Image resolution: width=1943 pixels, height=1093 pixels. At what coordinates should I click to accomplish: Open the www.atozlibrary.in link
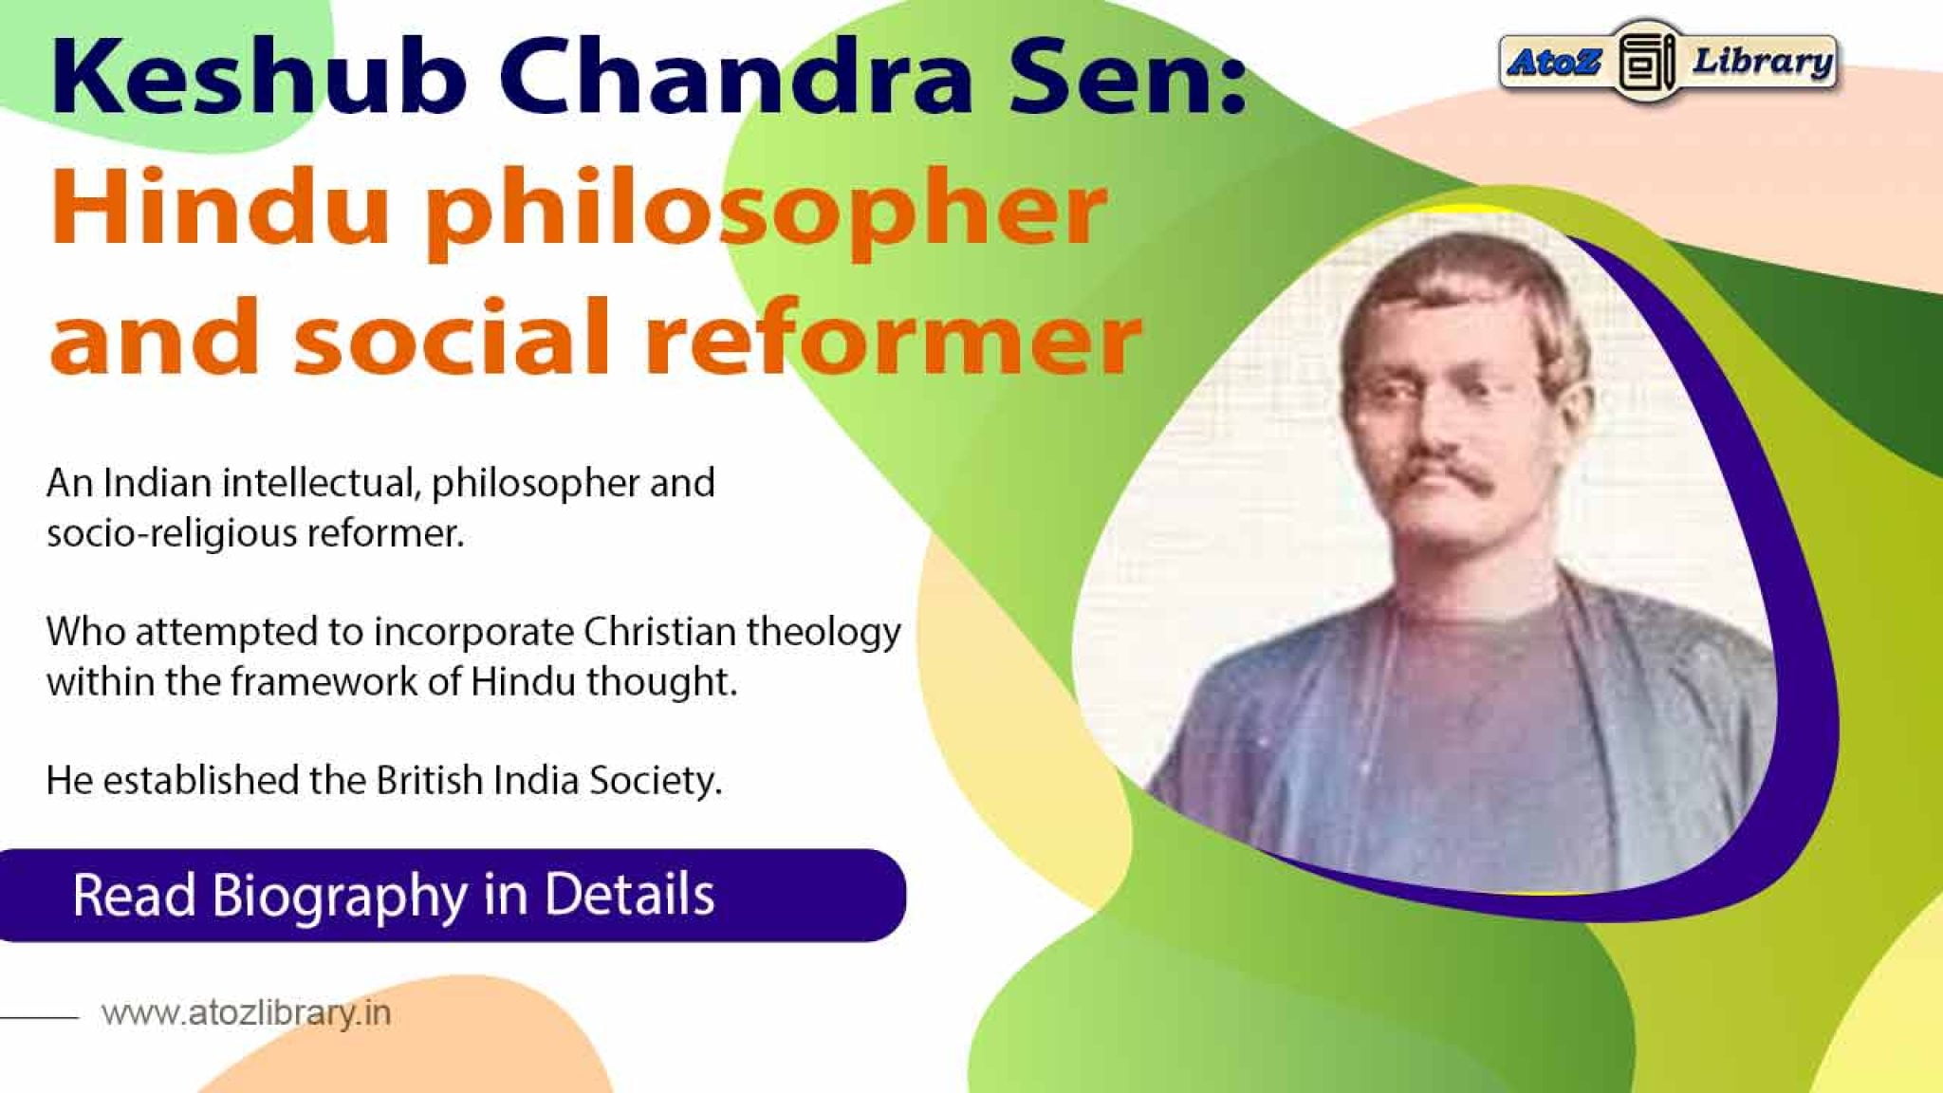(x=247, y=1013)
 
